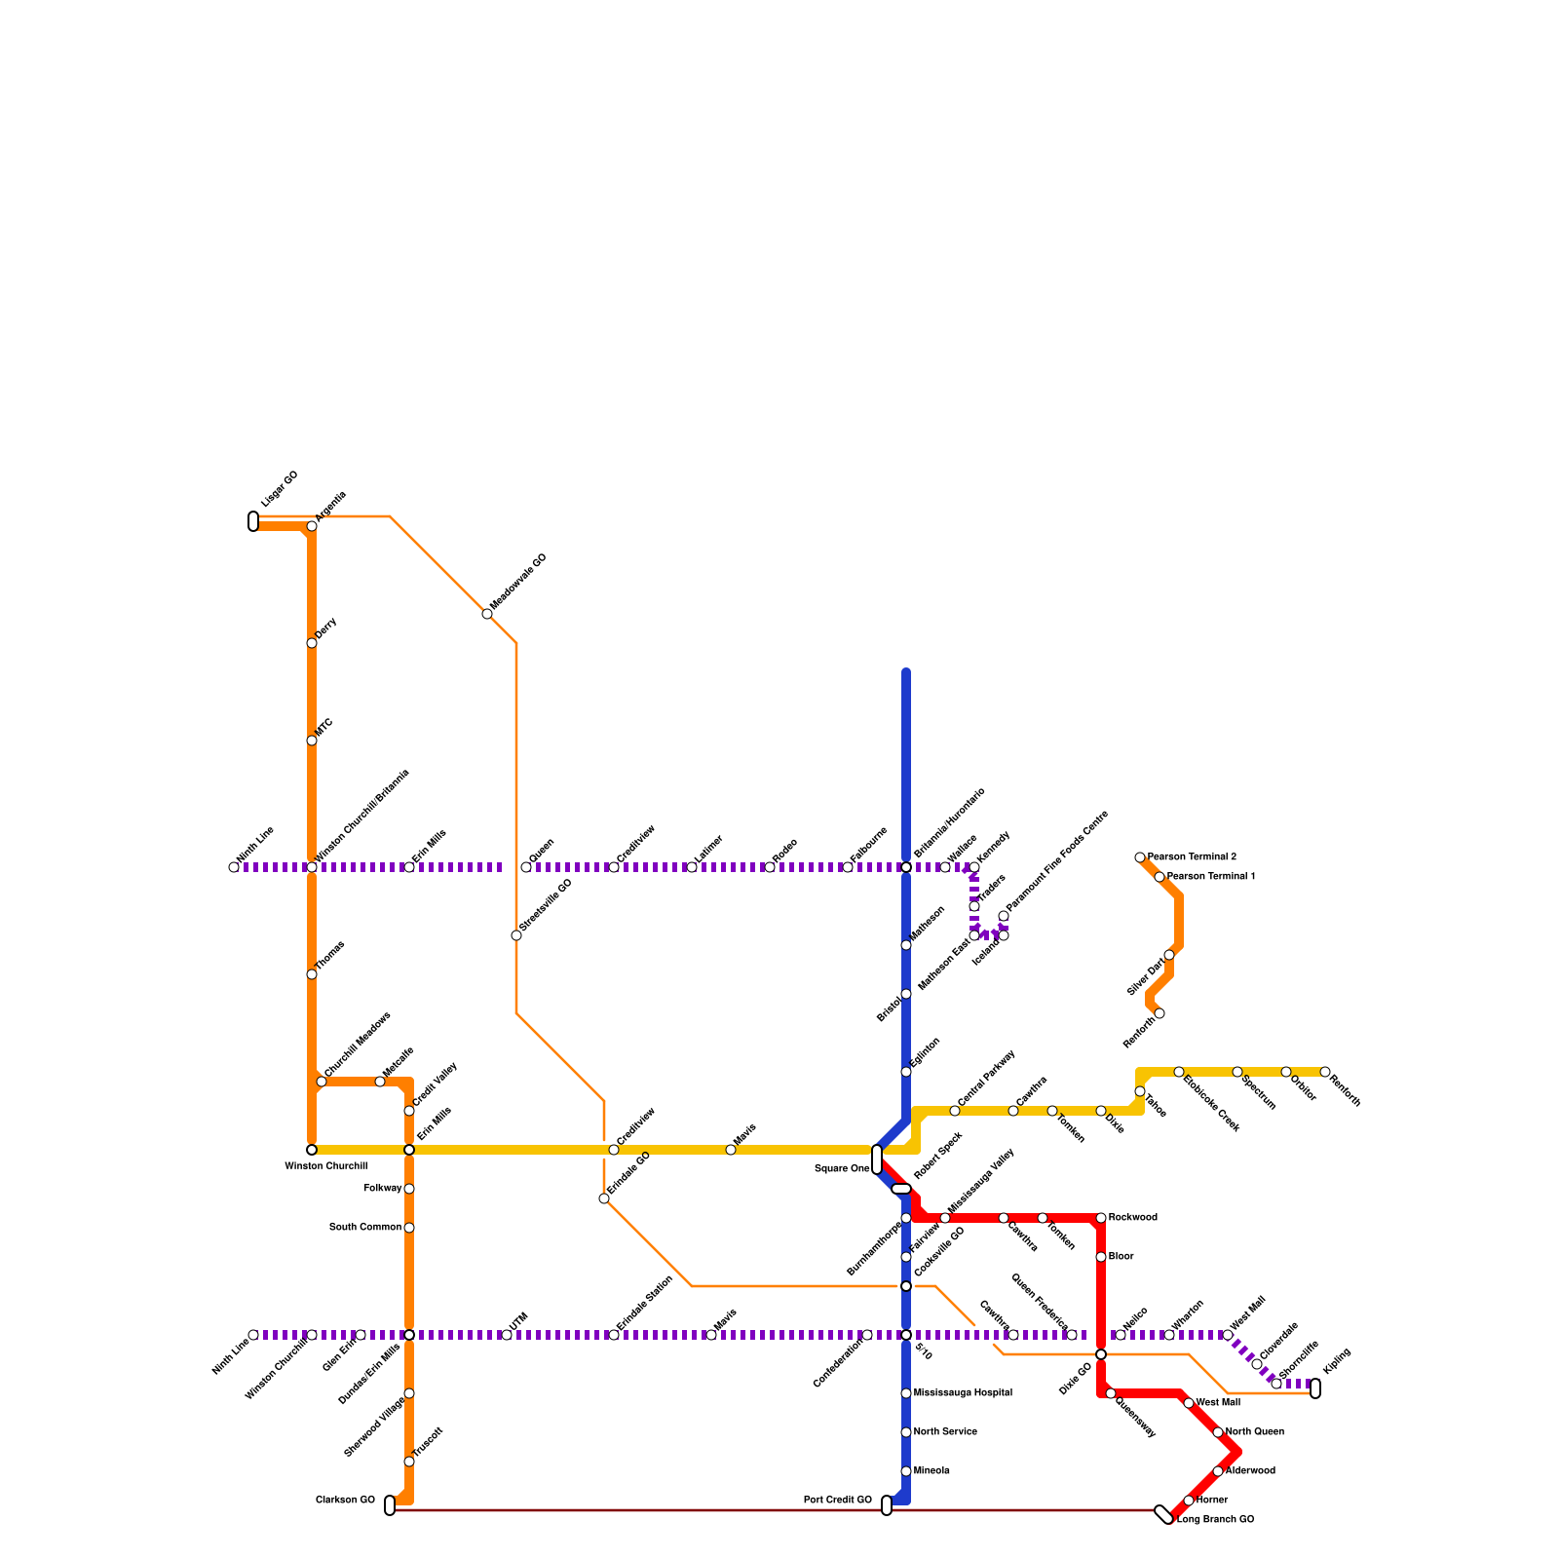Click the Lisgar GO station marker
click(253, 521)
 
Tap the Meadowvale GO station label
click(518, 583)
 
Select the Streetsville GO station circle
click(516, 935)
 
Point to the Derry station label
click(326, 627)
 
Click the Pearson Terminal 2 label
click(1192, 857)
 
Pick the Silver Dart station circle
click(1169, 955)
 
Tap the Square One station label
click(842, 1169)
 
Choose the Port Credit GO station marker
click(887, 1505)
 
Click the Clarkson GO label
click(345, 1501)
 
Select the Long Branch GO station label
click(1215, 1520)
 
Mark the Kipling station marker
click(1315, 1388)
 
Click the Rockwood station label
click(1133, 1218)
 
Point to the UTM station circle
click(507, 1335)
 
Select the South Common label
click(365, 1228)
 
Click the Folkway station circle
click(409, 1189)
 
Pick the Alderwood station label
click(1250, 1471)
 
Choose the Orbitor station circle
click(1286, 1072)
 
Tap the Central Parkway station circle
click(955, 1111)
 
